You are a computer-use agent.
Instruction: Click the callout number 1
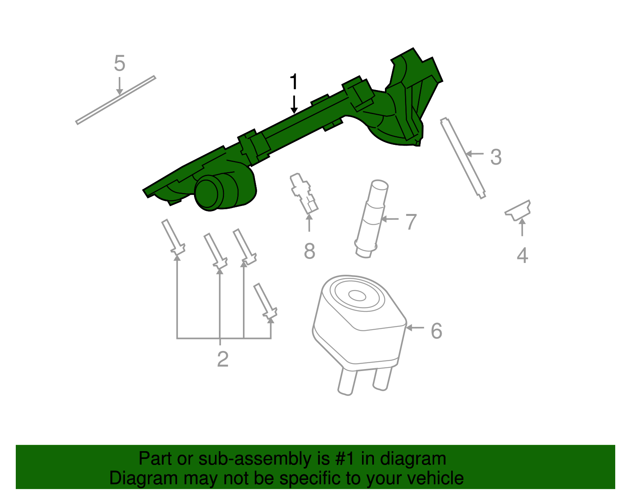coord(293,82)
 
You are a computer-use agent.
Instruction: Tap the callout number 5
coord(119,64)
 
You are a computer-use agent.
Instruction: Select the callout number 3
coord(496,157)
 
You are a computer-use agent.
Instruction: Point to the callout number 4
coord(522,255)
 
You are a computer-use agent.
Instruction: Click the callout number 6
coord(436,331)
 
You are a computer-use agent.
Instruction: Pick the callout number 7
coord(411,222)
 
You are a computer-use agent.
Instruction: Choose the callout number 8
coord(310,251)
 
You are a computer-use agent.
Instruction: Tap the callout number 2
coord(223,359)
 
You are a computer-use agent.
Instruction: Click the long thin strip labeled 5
coord(116,100)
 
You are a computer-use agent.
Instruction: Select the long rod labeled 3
coord(463,158)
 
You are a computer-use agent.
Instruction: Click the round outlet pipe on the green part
coord(208,193)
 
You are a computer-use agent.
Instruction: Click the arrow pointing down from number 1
coord(294,104)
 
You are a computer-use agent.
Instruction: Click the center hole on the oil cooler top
coord(357,295)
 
